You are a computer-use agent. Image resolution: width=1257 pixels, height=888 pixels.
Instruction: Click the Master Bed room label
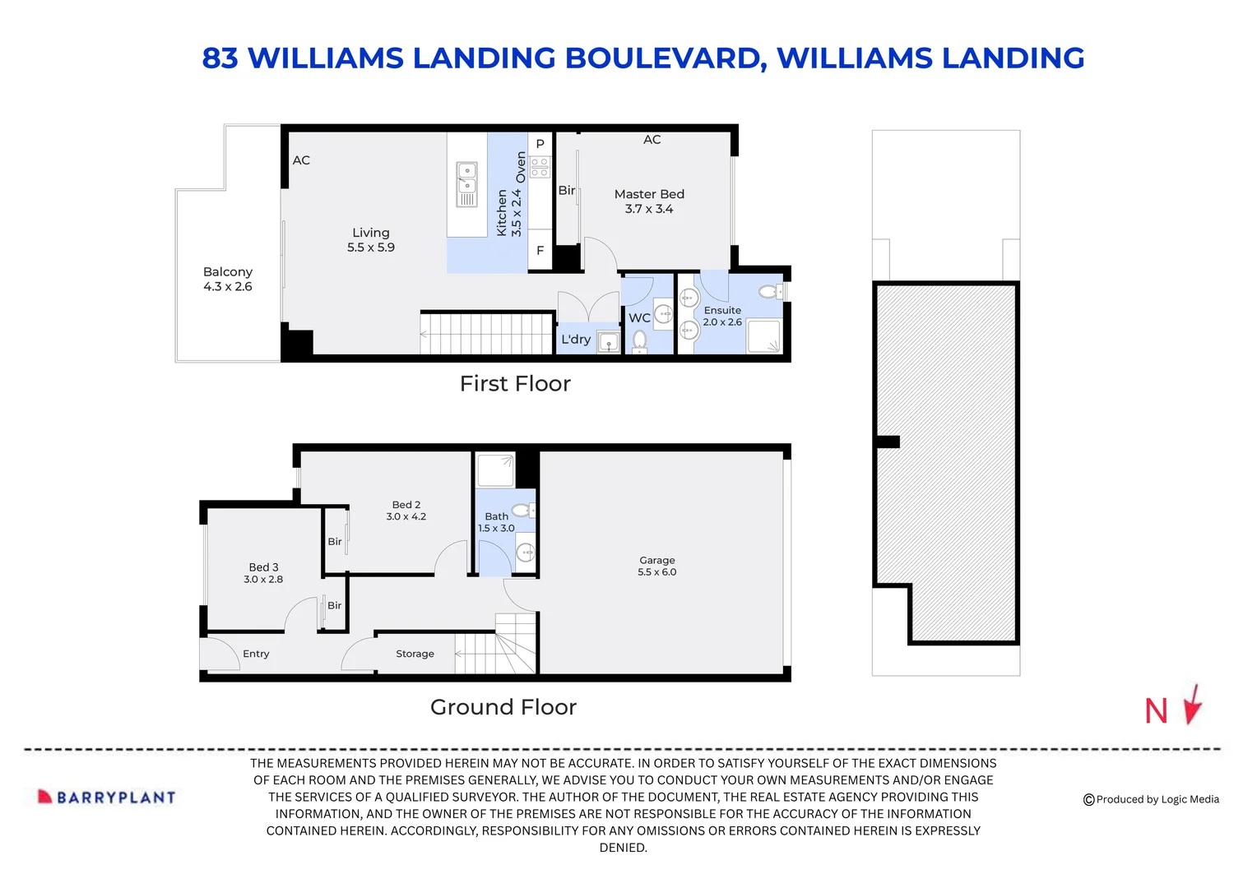(649, 194)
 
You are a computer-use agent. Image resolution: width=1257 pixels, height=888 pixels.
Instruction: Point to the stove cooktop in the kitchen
(540, 167)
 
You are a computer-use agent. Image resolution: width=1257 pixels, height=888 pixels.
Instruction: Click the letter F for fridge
(540, 251)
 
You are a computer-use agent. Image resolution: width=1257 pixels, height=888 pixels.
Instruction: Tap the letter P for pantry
(540, 144)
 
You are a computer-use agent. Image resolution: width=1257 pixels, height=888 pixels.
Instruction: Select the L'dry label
(576, 340)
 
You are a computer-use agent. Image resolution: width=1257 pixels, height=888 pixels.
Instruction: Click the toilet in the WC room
(639, 339)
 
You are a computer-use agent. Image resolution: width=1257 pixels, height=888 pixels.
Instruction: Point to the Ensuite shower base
(763, 337)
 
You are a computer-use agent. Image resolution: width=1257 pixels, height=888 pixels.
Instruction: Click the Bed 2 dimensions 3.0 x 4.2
(406, 517)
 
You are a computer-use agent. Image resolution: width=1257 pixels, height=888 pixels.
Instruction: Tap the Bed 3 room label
(263, 567)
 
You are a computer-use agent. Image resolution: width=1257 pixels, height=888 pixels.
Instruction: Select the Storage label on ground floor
(415, 654)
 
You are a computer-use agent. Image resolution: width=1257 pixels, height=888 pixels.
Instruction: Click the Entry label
(256, 654)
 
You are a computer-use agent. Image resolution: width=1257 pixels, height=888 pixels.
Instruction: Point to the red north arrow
(1193, 705)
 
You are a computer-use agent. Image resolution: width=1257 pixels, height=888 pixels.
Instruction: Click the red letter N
(1156, 711)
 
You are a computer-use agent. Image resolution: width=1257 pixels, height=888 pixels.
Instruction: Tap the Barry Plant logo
(107, 797)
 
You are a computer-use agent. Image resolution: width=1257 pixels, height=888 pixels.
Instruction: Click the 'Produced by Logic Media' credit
(1151, 799)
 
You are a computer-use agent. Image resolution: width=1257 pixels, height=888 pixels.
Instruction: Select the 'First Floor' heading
(515, 384)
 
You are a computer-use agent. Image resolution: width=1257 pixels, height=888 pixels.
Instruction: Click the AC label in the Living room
(301, 160)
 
